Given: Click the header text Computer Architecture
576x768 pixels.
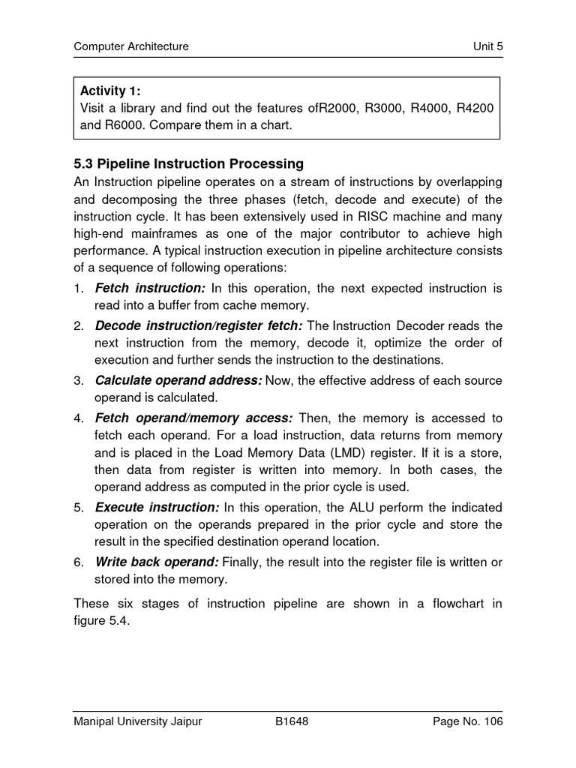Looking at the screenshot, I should click(x=130, y=46).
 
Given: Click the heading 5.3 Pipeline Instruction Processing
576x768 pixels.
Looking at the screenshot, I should click(x=188, y=163).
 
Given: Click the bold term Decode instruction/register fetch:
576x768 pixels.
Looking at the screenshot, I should click(x=199, y=325).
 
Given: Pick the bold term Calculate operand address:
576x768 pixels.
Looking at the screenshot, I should click(x=178, y=380).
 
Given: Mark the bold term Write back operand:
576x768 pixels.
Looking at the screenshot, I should click(x=157, y=562).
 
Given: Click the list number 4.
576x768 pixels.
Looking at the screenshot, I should click(x=78, y=418).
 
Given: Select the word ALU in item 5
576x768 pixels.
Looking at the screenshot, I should click(x=366, y=507).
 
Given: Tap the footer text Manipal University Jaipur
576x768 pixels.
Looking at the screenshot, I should click(x=137, y=721).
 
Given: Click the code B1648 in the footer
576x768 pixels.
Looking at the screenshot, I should click(x=292, y=721).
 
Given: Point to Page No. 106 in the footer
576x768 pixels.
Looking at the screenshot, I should click(x=468, y=721).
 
